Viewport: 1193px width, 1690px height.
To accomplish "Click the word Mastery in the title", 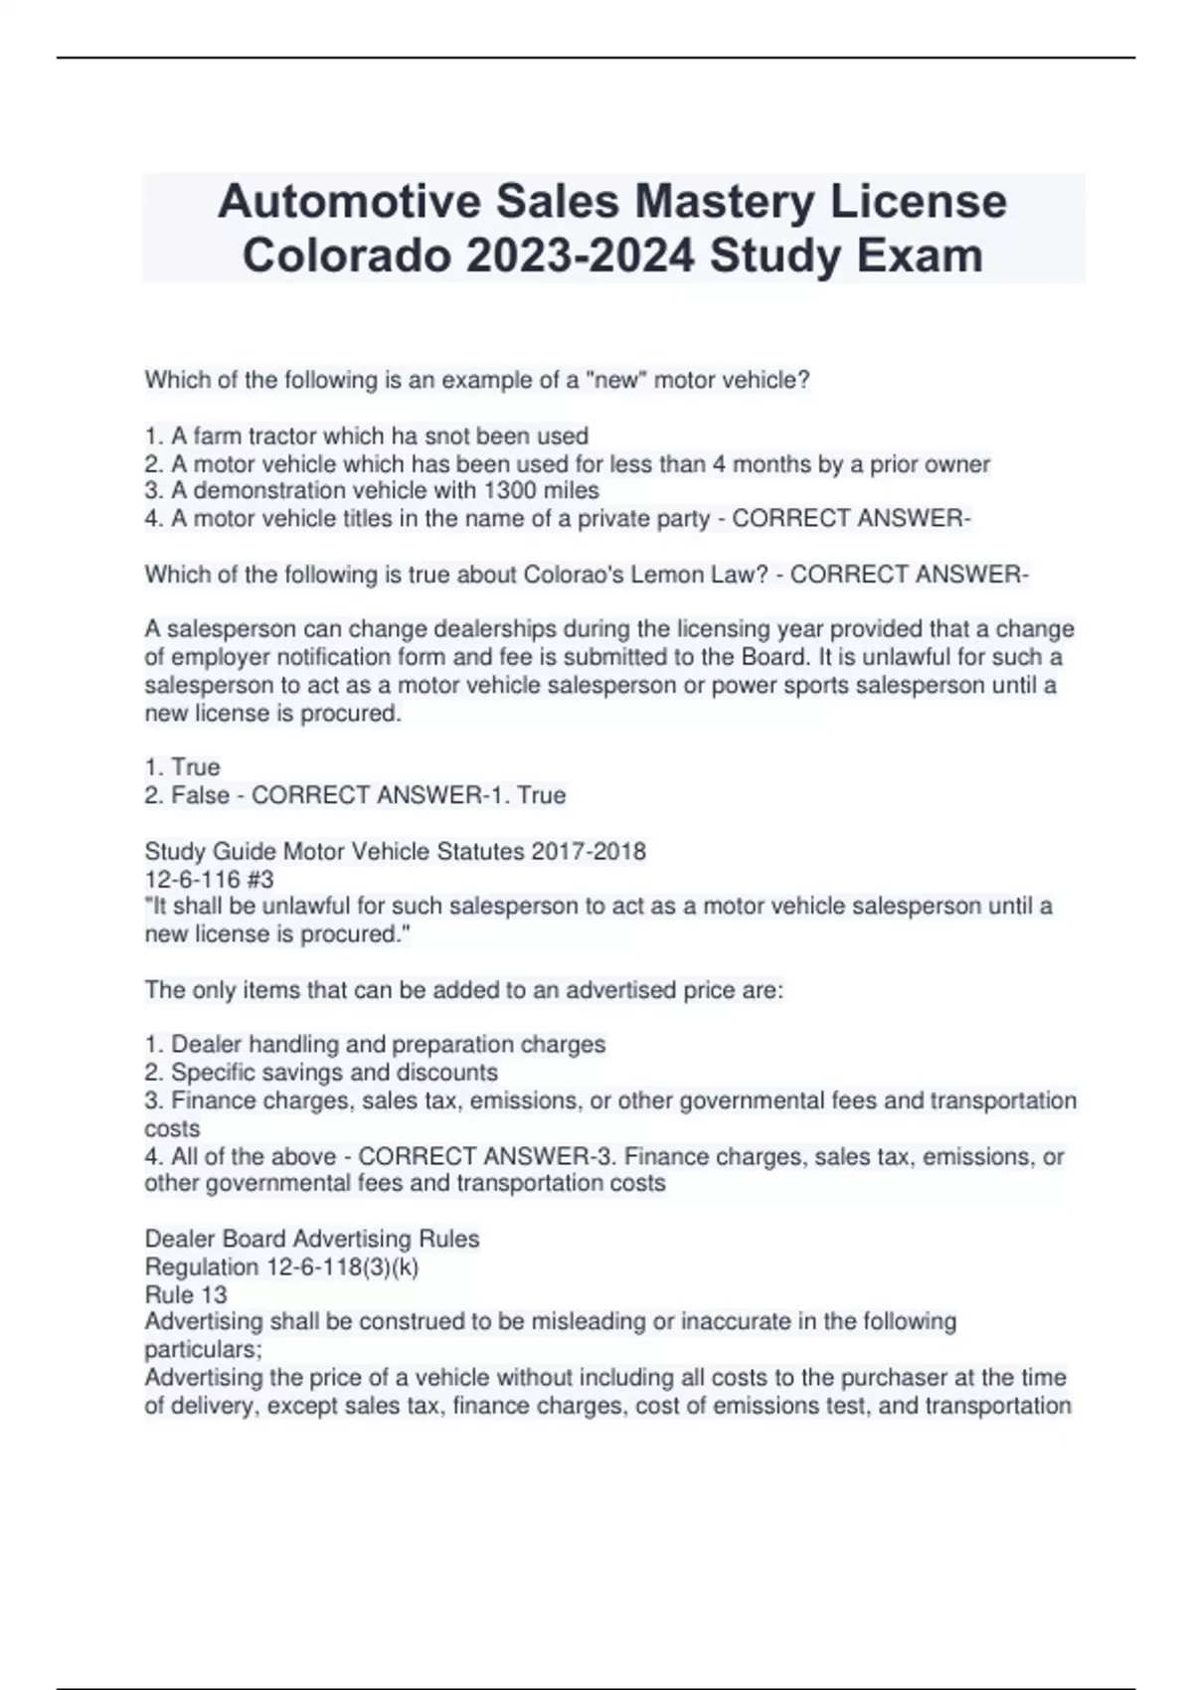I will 725,202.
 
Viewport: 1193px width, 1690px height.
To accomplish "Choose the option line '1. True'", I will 183,766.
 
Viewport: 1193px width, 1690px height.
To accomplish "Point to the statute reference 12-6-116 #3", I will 209,879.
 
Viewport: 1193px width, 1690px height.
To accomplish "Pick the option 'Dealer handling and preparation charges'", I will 388,1044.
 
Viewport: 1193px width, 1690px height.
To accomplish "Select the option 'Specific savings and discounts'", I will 334,1072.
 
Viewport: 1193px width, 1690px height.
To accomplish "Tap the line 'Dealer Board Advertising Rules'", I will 312,1239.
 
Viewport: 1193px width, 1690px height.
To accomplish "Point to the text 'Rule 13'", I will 186,1294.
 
